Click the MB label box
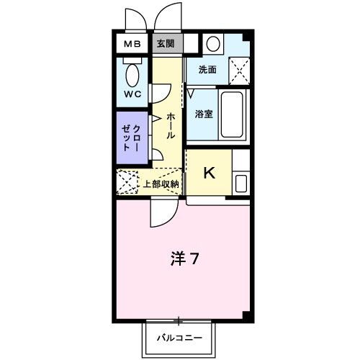coord(132,44)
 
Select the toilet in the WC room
coord(132,75)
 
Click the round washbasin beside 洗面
coord(212,43)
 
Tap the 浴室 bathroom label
coord(203,114)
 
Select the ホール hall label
coord(170,126)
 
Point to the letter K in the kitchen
coord(209,173)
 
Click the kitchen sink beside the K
coord(240,183)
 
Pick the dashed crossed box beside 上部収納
coord(127,183)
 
